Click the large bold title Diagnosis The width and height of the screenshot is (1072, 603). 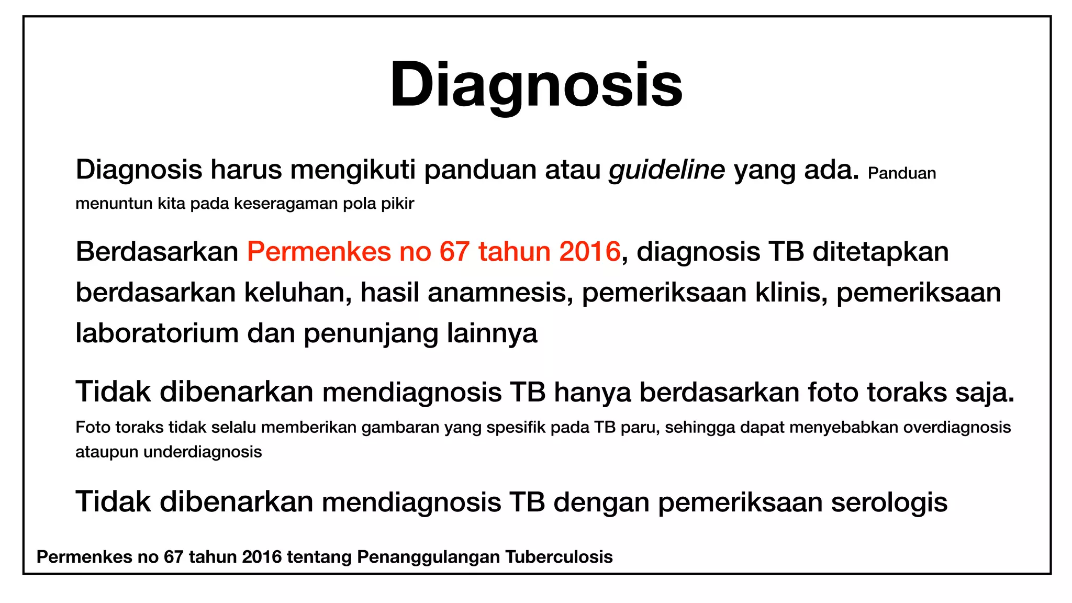click(536, 85)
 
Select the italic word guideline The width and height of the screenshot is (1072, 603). click(666, 170)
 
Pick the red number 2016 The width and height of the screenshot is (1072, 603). click(589, 252)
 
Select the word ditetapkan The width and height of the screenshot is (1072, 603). click(880, 252)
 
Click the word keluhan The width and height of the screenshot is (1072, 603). click(297, 293)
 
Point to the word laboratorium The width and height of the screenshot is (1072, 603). click(157, 333)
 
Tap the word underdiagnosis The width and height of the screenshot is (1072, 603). click(203, 452)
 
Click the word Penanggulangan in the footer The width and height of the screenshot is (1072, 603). click(428, 557)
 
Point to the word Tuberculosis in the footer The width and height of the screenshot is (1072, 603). click(559, 557)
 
